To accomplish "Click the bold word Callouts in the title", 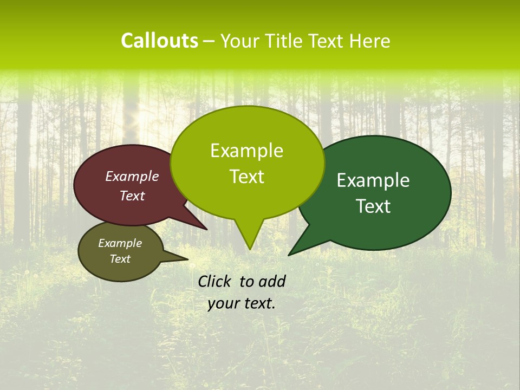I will tap(159, 41).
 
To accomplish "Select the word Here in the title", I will tap(370, 41).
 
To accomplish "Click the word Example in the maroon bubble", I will tap(132, 176).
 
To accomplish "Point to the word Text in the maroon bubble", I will tap(132, 196).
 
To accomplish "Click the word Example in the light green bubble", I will tap(247, 151).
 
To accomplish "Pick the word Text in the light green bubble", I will tap(247, 177).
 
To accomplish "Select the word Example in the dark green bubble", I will tap(373, 180).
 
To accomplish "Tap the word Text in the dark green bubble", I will tap(374, 206).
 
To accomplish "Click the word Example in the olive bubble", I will tap(120, 243).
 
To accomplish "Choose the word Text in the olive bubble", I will tap(120, 259).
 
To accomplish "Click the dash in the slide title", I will tap(210, 41).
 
